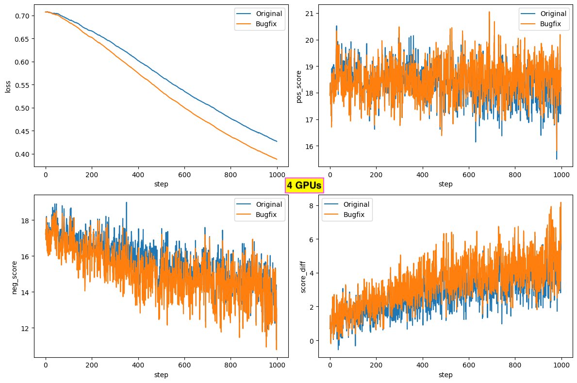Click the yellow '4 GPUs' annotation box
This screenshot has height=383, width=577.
click(x=304, y=185)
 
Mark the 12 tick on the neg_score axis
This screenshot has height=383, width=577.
click(x=25, y=328)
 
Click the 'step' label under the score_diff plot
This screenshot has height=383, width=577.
click(x=445, y=375)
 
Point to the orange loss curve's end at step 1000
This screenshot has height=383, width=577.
click(x=277, y=159)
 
